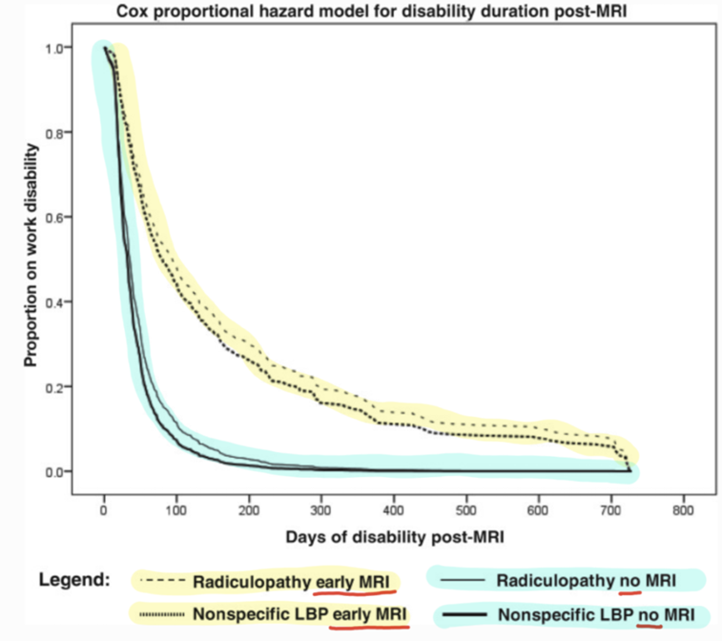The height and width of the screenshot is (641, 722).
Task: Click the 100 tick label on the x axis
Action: (x=176, y=509)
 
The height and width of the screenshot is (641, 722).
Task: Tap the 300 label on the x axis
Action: (x=321, y=509)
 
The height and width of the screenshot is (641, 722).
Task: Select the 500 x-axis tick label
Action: (x=466, y=509)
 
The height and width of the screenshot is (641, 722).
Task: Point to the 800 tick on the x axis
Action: (x=683, y=509)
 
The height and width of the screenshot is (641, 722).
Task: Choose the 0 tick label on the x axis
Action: (x=104, y=509)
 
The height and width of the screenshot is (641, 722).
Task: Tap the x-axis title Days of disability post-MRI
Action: (x=395, y=537)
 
